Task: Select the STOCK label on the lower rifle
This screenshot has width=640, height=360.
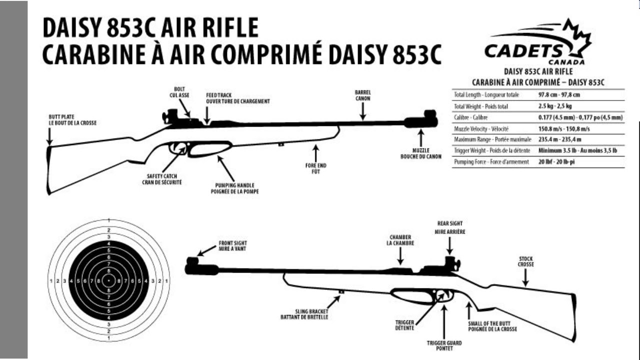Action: (x=525, y=261)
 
